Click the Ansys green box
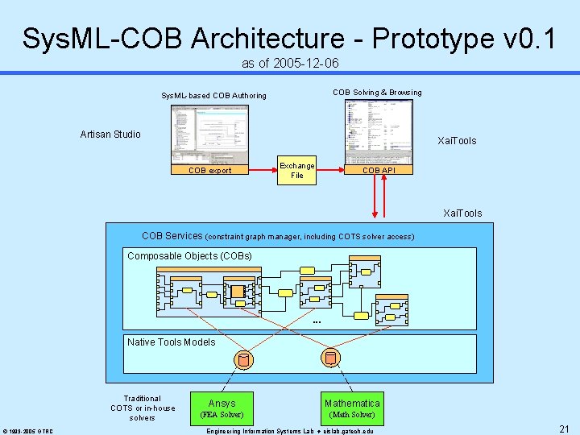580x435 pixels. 222,408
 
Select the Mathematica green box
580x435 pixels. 352,408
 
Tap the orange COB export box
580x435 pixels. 209,170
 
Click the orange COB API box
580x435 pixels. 378,170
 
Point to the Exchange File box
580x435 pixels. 296,170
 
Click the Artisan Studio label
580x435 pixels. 110,135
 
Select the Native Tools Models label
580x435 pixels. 172,342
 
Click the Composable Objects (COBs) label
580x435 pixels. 189,256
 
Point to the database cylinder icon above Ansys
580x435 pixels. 243,359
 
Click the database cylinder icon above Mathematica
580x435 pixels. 329,357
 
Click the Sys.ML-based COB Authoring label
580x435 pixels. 213,96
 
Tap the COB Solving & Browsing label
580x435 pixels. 377,93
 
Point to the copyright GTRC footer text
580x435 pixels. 27,431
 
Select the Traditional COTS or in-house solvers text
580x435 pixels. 143,408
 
